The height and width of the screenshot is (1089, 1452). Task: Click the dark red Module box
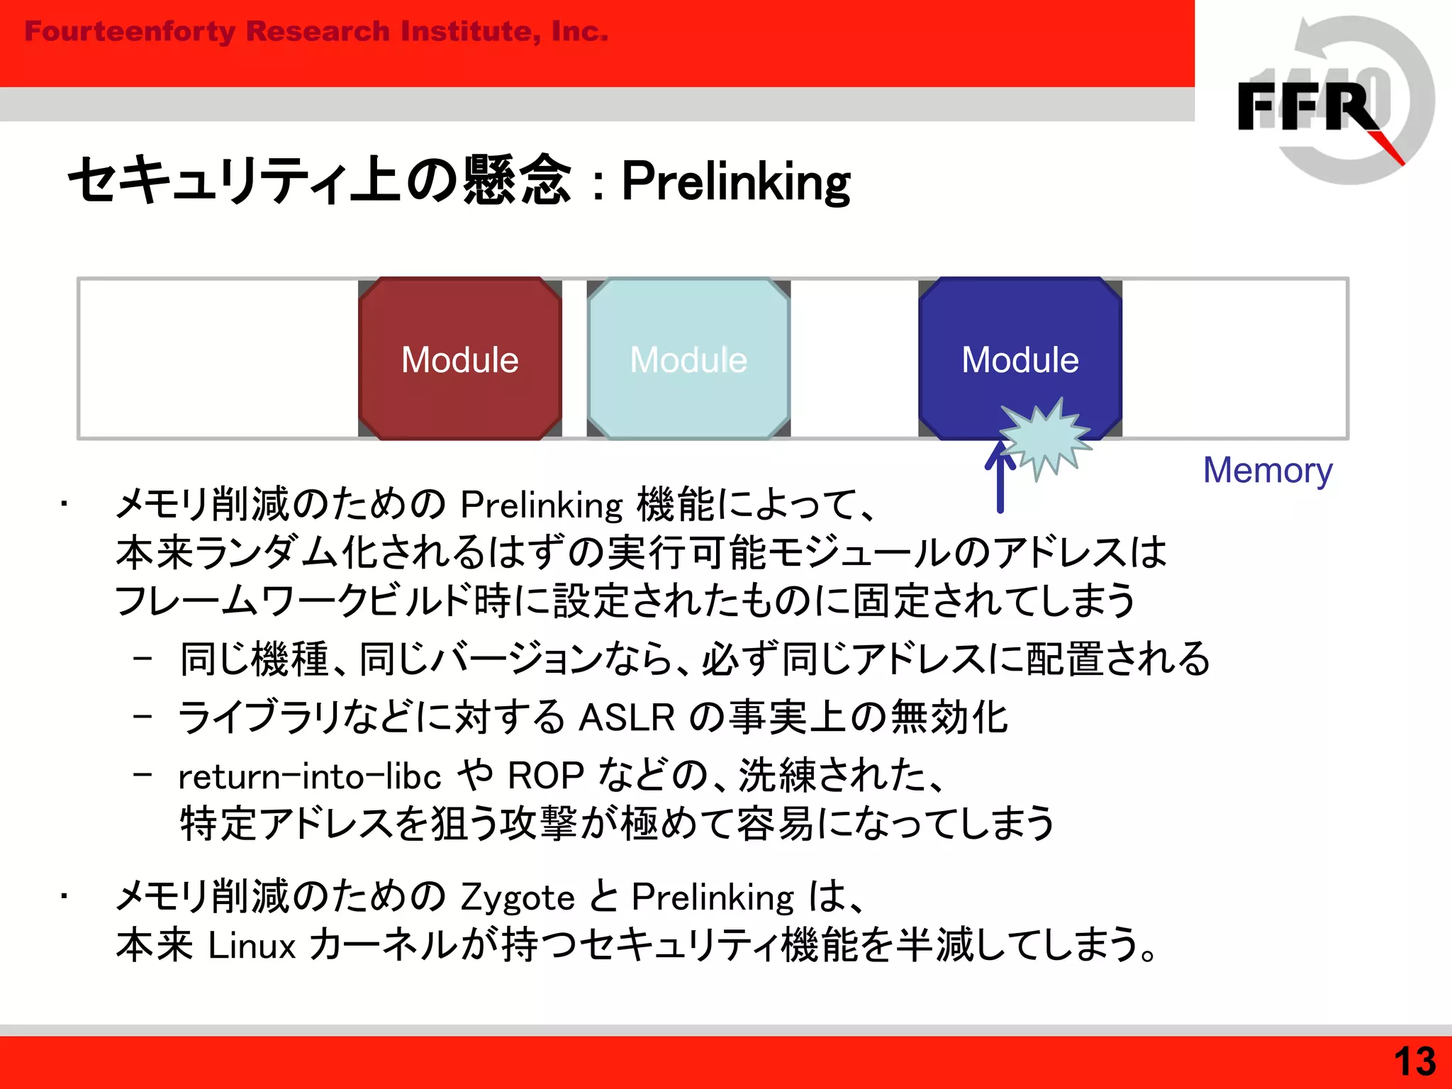(x=459, y=359)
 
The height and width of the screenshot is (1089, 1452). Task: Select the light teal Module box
(x=688, y=359)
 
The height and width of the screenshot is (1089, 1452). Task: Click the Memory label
(x=1268, y=471)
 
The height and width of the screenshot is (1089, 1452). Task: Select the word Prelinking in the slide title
(x=735, y=181)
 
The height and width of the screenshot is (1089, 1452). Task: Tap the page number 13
(x=1414, y=1062)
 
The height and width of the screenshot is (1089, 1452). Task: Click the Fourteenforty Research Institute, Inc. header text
(x=316, y=32)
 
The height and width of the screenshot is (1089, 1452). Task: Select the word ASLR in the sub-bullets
(x=627, y=717)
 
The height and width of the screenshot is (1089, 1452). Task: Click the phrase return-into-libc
(x=309, y=776)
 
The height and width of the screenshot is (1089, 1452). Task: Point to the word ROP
(x=545, y=776)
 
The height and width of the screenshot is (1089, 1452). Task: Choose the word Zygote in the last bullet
(x=518, y=898)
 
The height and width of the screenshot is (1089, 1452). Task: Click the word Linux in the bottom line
(x=252, y=946)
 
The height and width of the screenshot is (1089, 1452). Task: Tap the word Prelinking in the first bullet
(x=542, y=506)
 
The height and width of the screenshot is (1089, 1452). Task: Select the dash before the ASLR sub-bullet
(x=143, y=717)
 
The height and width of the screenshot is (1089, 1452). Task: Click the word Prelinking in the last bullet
(x=713, y=898)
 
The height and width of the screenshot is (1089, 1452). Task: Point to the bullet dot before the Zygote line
(x=64, y=898)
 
